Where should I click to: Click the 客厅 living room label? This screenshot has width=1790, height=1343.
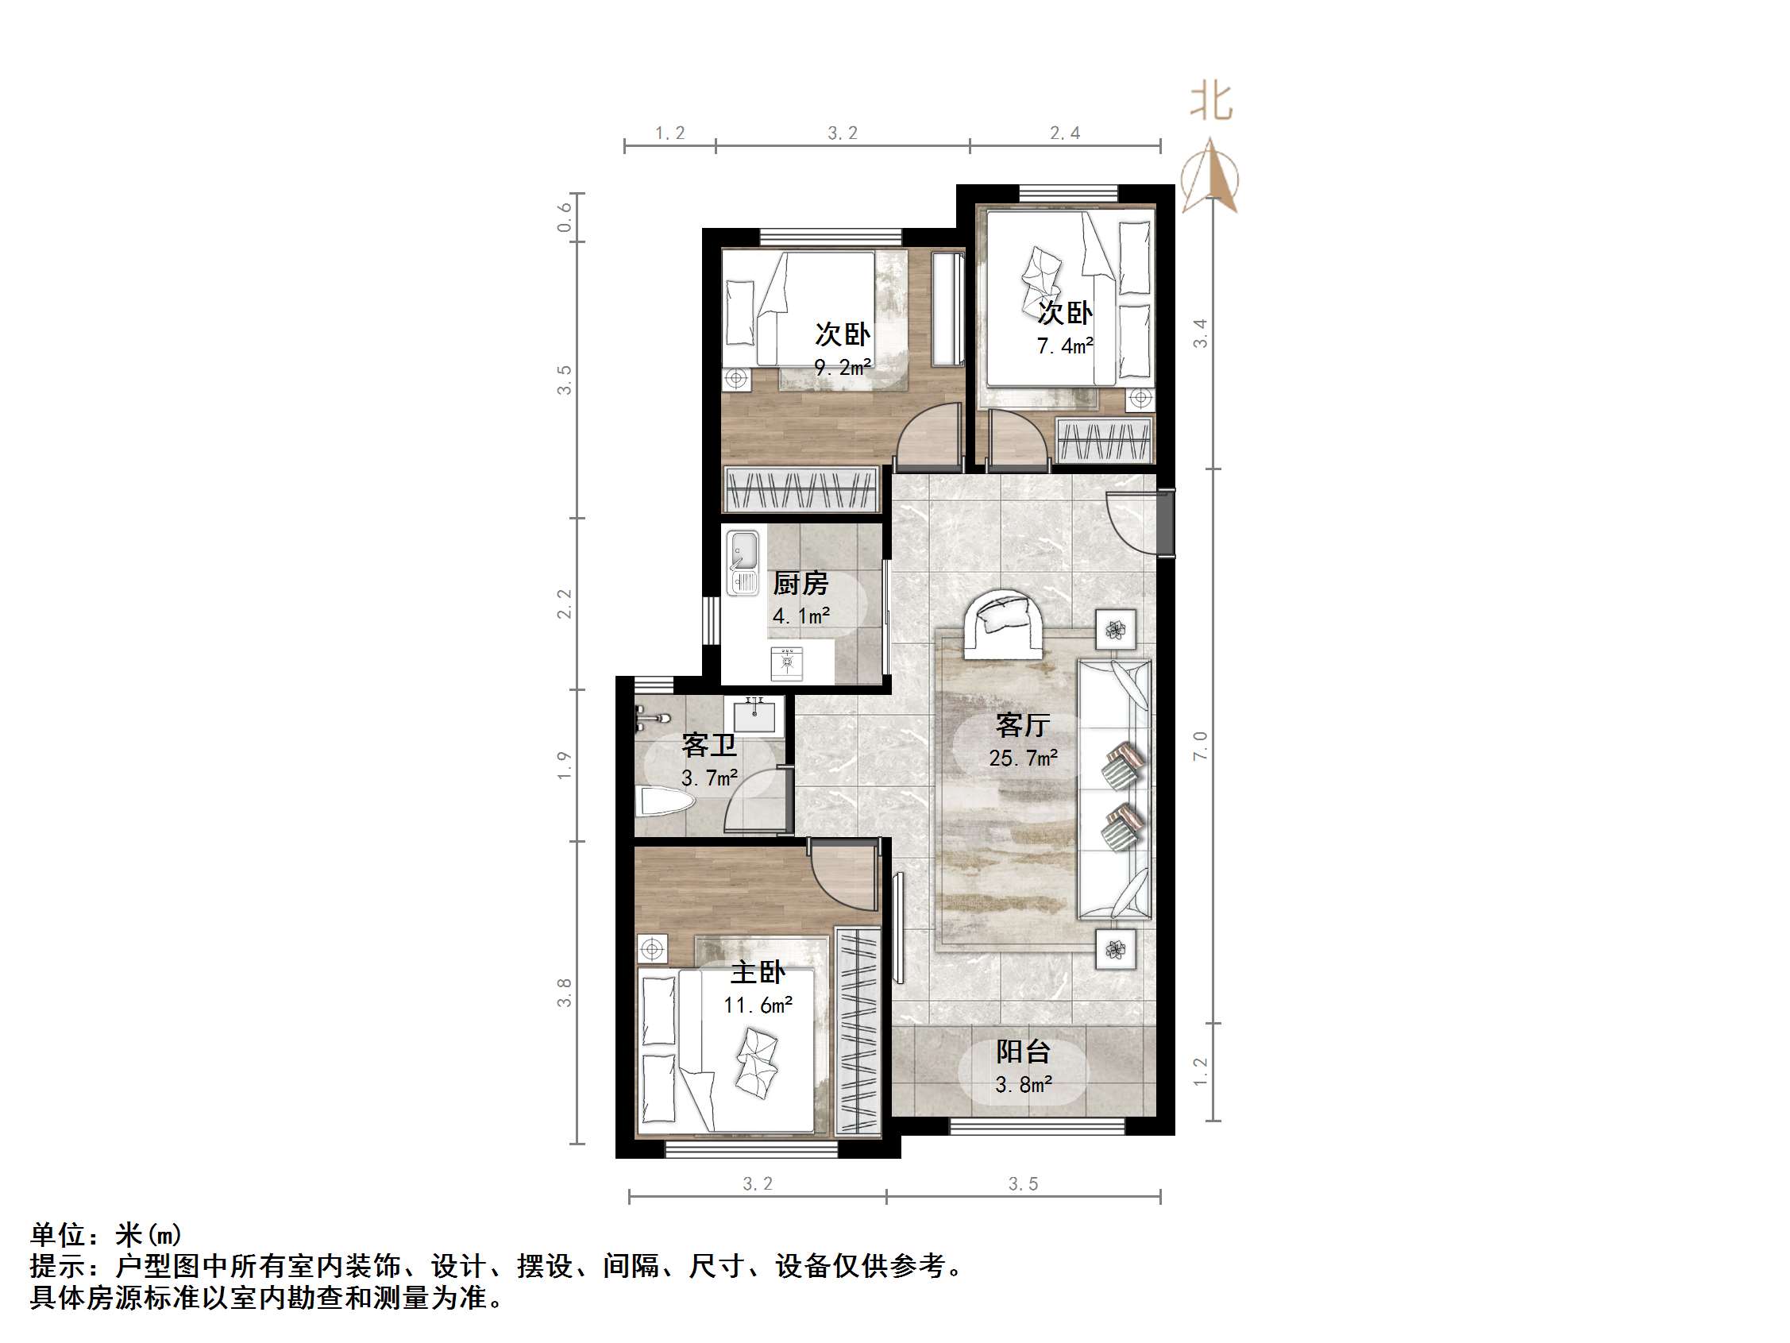pos(1023,724)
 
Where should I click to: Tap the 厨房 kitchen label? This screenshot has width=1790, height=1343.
pos(800,583)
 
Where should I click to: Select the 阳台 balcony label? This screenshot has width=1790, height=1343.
pos(1023,1051)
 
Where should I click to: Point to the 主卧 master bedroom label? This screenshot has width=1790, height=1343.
pos(758,972)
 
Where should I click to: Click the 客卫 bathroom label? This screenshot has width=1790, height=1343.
pos(709,745)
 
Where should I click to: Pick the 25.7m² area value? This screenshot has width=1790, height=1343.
pos(1023,758)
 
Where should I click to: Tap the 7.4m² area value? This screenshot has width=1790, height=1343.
pos(1065,346)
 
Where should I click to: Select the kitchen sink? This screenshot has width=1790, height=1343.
pos(742,561)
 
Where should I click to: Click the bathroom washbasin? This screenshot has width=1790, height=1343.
pos(754,715)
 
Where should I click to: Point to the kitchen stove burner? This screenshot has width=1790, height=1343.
pos(785,662)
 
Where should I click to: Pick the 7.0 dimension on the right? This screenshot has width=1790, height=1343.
pos(1200,745)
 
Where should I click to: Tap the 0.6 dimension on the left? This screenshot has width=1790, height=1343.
pos(564,217)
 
